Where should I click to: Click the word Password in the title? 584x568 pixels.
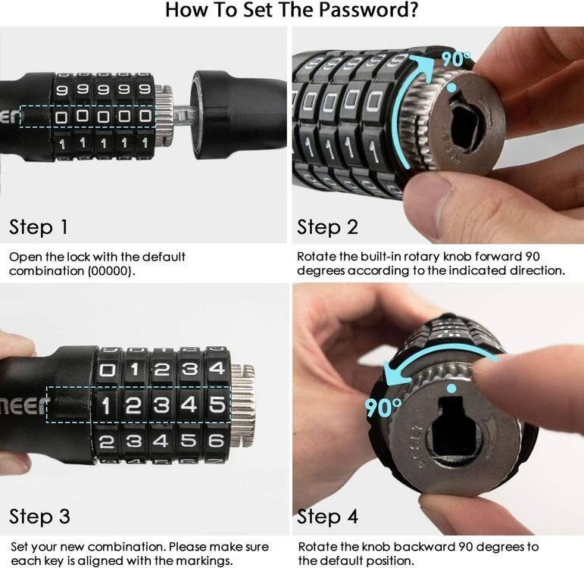[368, 10]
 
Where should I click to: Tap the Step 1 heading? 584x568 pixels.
[39, 227]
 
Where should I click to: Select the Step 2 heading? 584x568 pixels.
[327, 227]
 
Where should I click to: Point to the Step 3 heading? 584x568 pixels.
[39, 517]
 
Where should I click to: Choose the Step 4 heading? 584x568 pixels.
[327, 517]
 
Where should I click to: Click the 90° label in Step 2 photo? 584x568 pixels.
[456, 58]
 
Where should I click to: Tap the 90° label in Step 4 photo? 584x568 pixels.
[383, 407]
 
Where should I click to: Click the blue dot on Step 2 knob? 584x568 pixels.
[451, 88]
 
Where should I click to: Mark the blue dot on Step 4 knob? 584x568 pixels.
[451, 389]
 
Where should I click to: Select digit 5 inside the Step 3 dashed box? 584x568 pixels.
[217, 404]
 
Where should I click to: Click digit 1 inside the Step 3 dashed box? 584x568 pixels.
[106, 405]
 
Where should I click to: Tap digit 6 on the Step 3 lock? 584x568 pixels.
[217, 441]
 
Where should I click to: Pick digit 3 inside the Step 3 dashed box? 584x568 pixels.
[161, 405]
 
